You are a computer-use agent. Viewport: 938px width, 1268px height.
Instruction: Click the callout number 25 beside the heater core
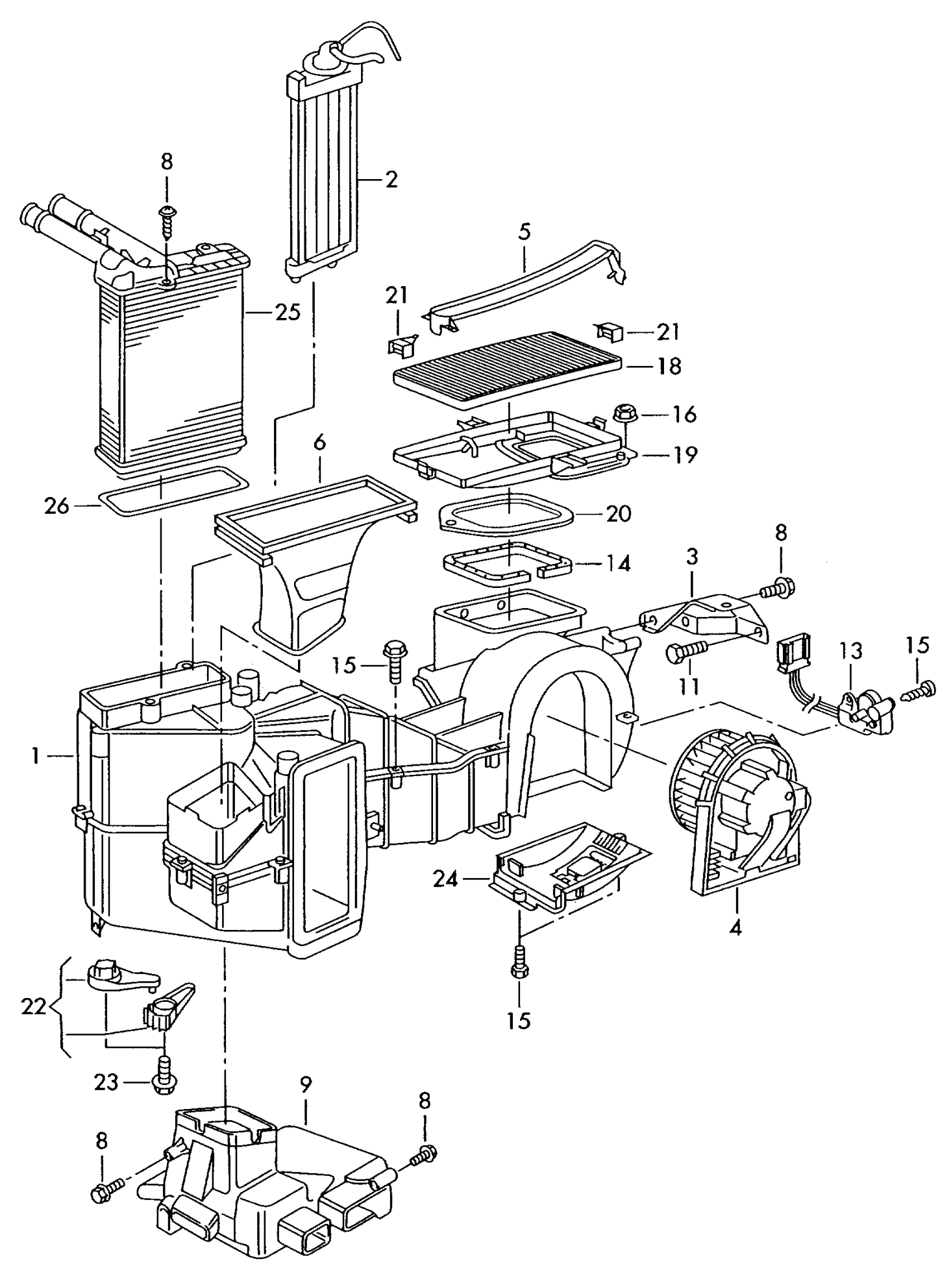288,313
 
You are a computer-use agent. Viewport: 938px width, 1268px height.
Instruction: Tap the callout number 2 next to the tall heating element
391,179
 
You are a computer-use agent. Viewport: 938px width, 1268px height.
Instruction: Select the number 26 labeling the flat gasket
56,506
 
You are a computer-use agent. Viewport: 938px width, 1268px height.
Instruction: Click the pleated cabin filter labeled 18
506,367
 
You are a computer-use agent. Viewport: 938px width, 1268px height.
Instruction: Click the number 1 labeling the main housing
36,755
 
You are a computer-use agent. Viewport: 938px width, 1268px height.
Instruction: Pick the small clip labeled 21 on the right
609,332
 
